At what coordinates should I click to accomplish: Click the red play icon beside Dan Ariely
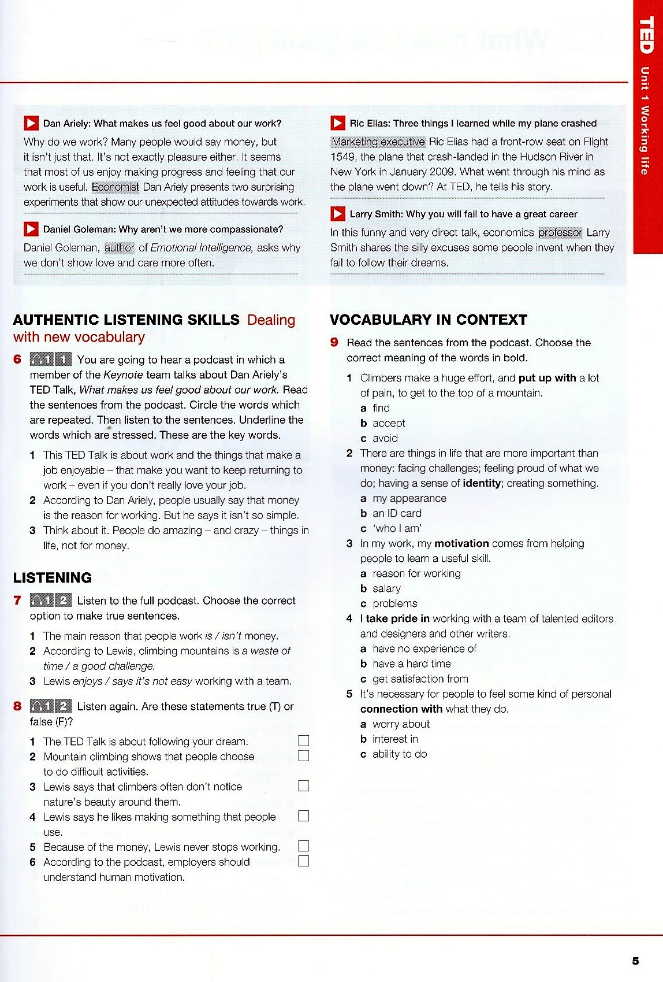click(x=31, y=123)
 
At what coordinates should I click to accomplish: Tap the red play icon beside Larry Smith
click(x=338, y=214)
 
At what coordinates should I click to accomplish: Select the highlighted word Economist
click(x=116, y=187)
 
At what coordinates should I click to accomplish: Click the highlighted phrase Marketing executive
click(x=378, y=142)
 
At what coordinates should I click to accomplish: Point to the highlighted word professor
click(x=560, y=232)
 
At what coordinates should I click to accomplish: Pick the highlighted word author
click(x=120, y=247)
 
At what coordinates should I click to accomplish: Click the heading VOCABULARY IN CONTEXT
click(x=429, y=320)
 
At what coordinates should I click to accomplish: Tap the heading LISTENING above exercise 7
click(x=53, y=577)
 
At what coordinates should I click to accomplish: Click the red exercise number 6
click(x=17, y=360)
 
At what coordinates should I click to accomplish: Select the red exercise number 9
click(x=334, y=342)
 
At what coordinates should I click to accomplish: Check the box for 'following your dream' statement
click(x=303, y=741)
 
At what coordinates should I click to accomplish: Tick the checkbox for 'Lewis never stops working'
click(x=303, y=846)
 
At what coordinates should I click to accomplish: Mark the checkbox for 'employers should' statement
click(x=303, y=861)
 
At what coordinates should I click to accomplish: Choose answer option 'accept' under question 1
click(x=389, y=423)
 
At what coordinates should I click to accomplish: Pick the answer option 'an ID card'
click(x=397, y=513)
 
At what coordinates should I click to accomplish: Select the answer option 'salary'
click(x=386, y=588)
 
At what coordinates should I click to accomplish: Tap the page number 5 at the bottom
click(x=635, y=961)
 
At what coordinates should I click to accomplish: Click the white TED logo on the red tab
click(x=646, y=35)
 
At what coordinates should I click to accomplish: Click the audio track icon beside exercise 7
click(x=51, y=601)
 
